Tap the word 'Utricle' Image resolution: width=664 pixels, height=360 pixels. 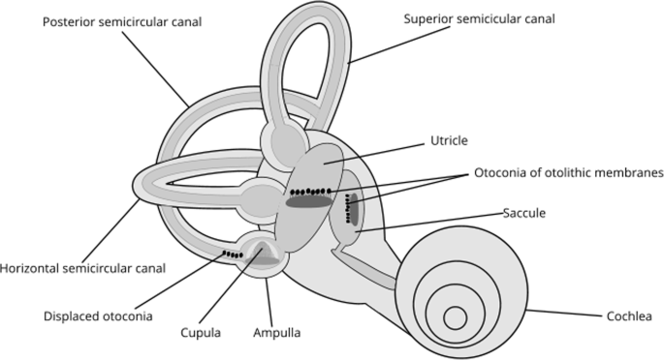pos(450,141)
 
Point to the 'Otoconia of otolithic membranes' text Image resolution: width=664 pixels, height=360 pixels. pos(568,173)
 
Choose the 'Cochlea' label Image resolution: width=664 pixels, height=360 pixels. pos(627,315)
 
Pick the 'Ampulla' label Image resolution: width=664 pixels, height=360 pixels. pos(278,333)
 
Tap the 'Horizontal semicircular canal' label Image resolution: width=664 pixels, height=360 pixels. pos(83,267)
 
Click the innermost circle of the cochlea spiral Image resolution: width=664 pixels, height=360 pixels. pos(456,317)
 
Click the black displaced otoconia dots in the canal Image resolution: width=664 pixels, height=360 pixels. pos(232,255)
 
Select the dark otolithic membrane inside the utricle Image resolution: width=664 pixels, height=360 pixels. pos(309,202)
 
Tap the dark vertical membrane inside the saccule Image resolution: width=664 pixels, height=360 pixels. pos(354,207)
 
